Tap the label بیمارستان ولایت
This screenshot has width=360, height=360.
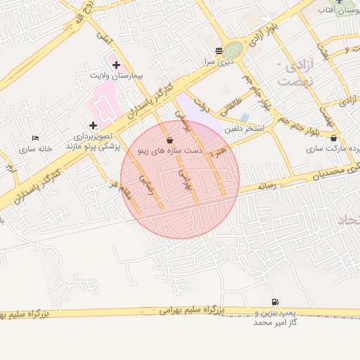point(116,74)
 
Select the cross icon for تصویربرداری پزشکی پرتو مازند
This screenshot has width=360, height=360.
point(93,124)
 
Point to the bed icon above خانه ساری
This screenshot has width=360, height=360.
point(36,139)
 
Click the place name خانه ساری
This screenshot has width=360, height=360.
point(36,148)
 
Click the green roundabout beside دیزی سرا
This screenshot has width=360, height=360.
point(234,50)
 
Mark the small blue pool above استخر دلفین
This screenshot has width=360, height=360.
point(244,117)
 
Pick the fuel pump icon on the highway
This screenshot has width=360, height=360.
point(274,302)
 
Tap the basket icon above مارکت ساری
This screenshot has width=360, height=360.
point(333,139)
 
